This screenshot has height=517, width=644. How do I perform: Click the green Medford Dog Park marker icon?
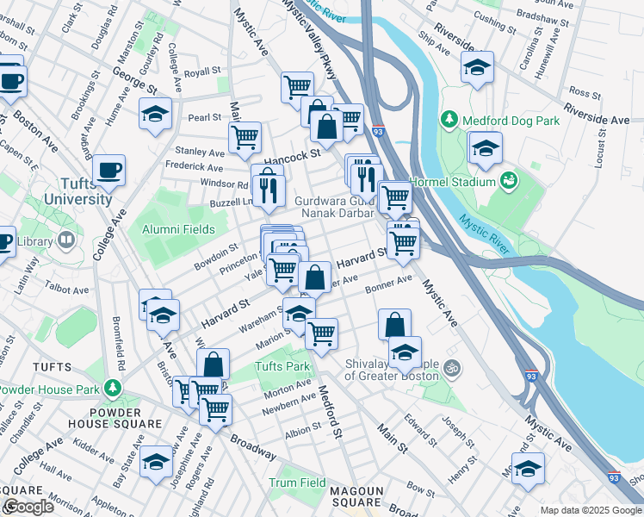click(449, 118)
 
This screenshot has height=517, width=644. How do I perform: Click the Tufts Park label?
click(281, 367)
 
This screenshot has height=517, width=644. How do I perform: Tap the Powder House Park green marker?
click(110, 388)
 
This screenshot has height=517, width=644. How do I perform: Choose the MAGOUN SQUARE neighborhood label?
click(356, 496)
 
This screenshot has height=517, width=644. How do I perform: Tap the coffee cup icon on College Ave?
click(109, 170)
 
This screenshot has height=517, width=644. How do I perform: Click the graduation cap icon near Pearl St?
click(155, 114)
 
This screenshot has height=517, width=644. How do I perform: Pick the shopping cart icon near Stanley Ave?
click(245, 135)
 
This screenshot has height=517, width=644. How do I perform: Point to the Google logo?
click(28, 507)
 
